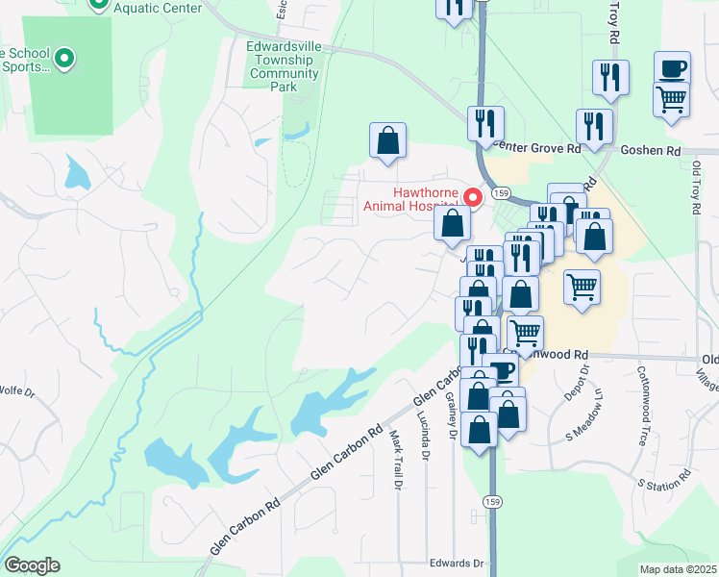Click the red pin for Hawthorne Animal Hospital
click(473, 198)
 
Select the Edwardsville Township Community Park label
click(283, 66)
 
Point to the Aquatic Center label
click(158, 9)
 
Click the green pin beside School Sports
click(64, 60)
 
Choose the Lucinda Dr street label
click(423, 432)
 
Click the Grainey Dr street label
click(451, 418)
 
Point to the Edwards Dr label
click(455, 564)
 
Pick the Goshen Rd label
click(650, 151)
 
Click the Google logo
click(32, 565)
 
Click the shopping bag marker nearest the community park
click(386, 141)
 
